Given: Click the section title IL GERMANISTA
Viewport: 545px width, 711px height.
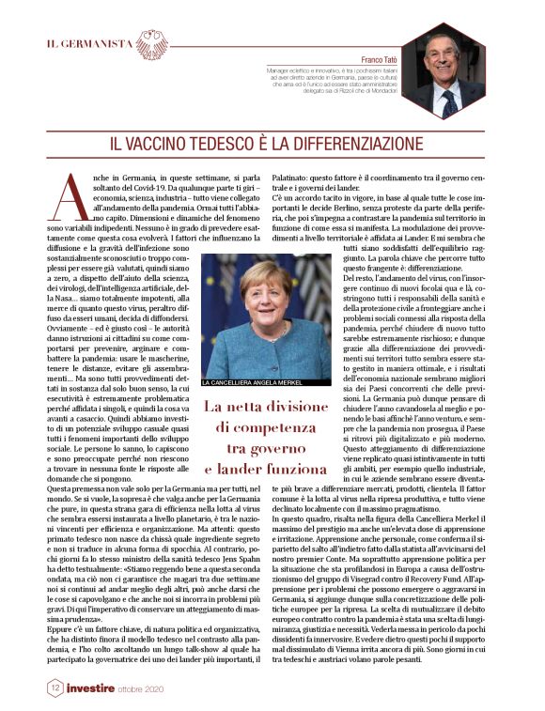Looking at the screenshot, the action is pos(90,45).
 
